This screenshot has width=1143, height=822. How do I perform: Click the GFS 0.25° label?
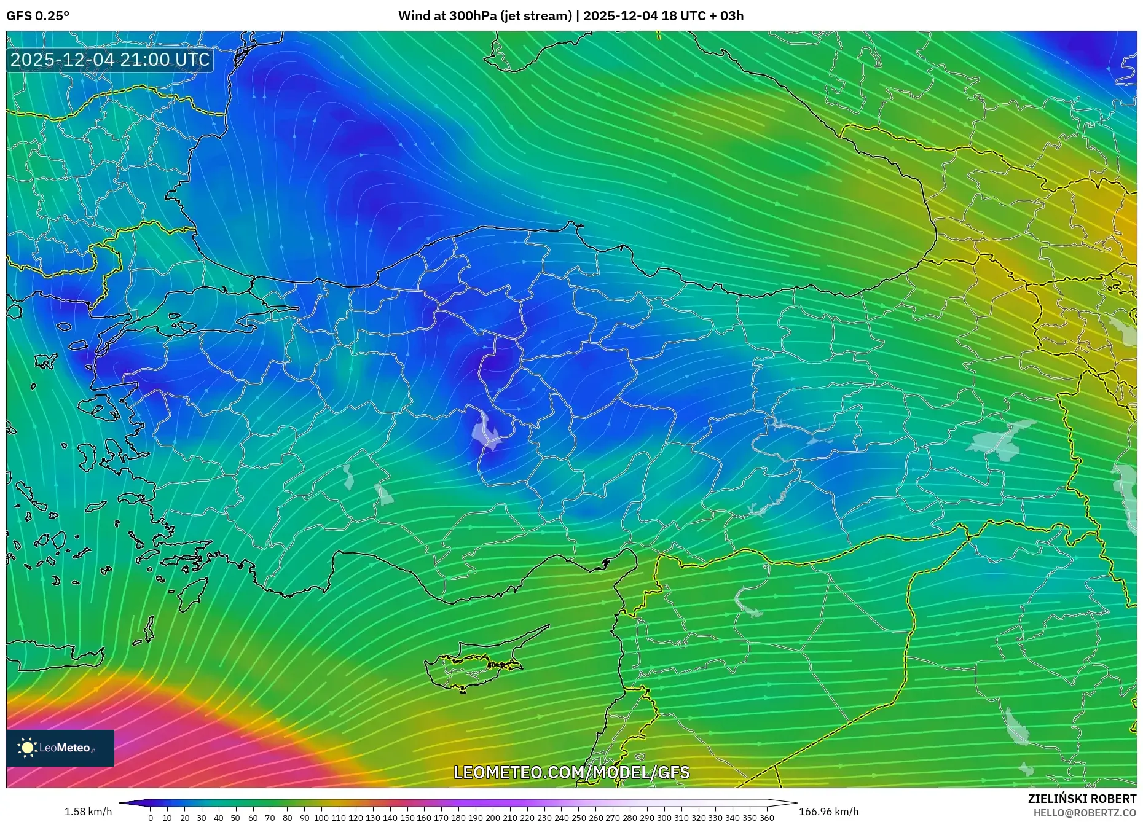(37, 16)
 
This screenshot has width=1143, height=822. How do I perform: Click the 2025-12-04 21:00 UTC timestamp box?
(110, 60)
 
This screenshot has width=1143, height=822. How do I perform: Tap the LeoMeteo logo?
(60, 748)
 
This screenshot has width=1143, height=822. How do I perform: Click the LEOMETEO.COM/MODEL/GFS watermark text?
(571, 772)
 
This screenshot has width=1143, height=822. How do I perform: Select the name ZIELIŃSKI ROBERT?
(1082, 799)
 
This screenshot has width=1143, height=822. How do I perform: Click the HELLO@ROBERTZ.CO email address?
(1085, 813)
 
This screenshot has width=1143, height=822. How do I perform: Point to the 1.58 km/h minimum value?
(88, 812)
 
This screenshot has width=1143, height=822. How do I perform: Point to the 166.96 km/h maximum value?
(828, 812)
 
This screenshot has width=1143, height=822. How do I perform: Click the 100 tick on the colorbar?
(321, 818)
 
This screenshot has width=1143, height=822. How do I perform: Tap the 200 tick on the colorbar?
(492, 818)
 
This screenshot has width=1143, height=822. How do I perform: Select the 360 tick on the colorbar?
(766, 818)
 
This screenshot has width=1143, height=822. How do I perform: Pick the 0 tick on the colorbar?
(151, 818)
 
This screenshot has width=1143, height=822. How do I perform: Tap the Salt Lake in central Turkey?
(485, 430)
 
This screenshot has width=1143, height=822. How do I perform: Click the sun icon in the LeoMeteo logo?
(27, 748)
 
